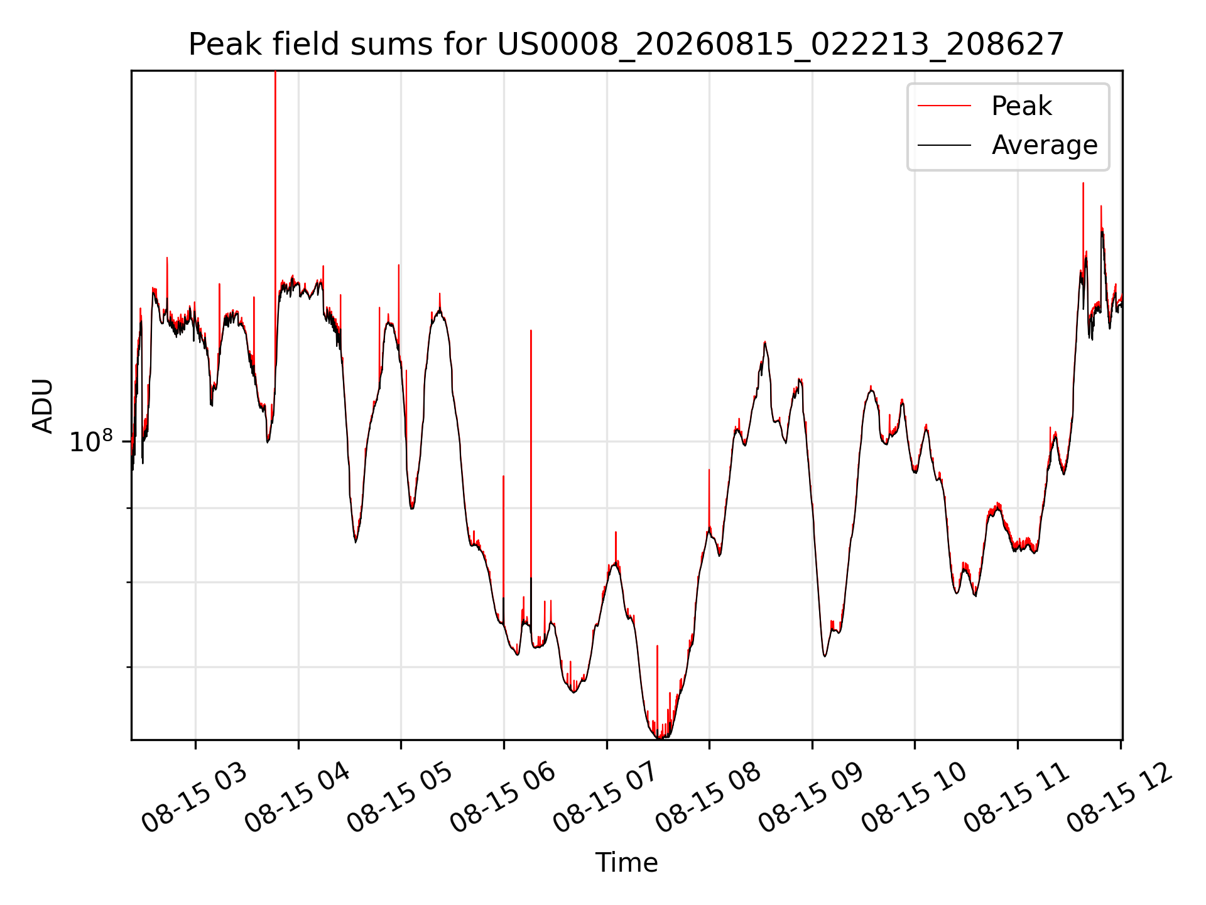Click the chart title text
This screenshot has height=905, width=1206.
626,45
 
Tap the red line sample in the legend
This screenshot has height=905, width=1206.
944,106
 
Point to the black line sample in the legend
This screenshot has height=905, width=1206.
944,145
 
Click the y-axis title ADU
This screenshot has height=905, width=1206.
43,405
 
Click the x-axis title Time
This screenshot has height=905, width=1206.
626,863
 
